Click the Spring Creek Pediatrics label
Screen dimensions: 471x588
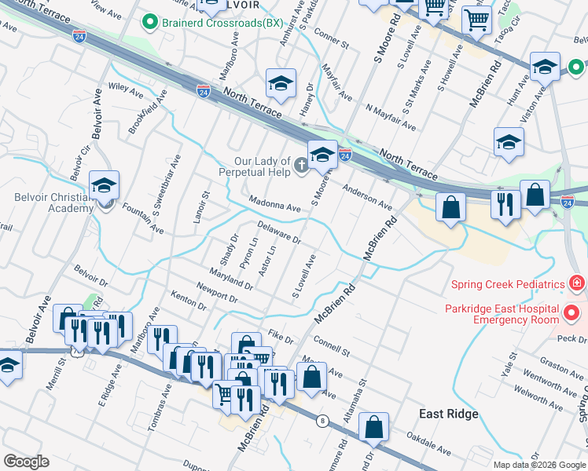click(508, 284)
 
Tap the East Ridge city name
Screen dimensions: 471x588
click(449, 414)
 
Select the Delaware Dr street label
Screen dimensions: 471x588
click(280, 232)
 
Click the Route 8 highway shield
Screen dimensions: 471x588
click(322, 421)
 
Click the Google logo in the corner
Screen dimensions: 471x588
click(26, 462)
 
